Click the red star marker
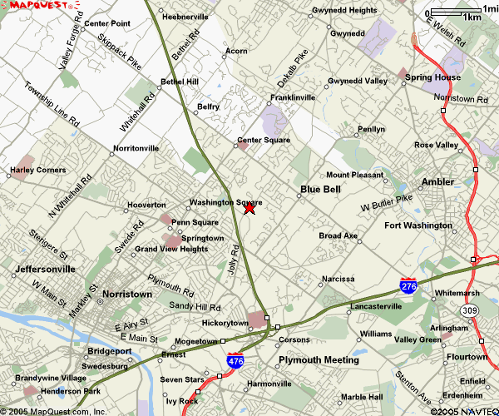click(x=249, y=208)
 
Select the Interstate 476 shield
click(x=235, y=360)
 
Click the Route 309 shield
click(x=470, y=310)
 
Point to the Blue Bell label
click(x=320, y=190)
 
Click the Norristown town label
click(x=127, y=295)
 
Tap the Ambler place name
click(x=437, y=181)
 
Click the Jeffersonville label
click(x=45, y=270)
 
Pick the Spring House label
click(x=432, y=77)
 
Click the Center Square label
click(x=264, y=140)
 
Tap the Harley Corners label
click(x=37, y=170)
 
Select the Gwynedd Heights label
click(x=344, y=11)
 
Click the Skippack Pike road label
click(x=120, y=51)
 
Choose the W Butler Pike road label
click(x=387, y=201)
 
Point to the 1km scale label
click(x=472, y=17)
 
